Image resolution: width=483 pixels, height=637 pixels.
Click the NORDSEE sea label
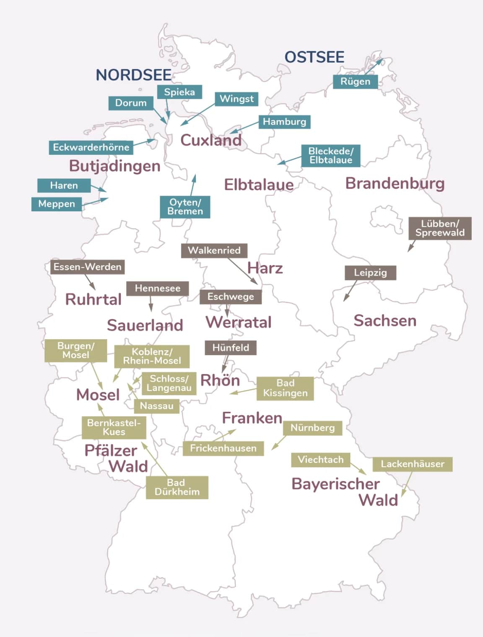(x=134, y=75)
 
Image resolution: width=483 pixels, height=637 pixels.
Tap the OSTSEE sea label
(x=314, y=57)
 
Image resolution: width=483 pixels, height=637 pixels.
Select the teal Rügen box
(x=355, y=81)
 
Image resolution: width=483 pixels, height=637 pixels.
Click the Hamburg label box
(x=284, y=122)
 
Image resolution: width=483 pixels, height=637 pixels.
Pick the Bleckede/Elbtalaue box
(x=330, y=156)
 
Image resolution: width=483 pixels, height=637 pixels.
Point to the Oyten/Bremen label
(x=185, y=207)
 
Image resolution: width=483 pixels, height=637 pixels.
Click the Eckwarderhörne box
(x=91, y=147)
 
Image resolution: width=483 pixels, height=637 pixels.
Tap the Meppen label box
(x=57, y=204)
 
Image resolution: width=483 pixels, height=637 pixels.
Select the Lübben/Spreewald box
(x=440, y=229)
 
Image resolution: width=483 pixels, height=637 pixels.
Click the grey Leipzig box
(x=370, y=273)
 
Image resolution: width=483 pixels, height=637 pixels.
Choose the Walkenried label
(x=214, y=250)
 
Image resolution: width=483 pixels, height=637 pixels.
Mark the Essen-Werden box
(x=87, y=267)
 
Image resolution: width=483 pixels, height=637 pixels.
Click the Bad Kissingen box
(x=285, y=388)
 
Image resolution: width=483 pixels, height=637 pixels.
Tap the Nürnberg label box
(x=312, y=428)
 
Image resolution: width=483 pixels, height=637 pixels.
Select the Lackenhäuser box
(x=412, y=464)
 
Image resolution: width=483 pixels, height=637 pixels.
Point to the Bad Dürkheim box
(x=177, y=487)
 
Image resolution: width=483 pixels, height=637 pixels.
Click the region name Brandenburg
(x=395, y=183)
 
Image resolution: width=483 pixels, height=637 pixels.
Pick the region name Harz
(x=265, y=268)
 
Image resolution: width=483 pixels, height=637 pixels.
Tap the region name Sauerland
(x=145, y=325)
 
